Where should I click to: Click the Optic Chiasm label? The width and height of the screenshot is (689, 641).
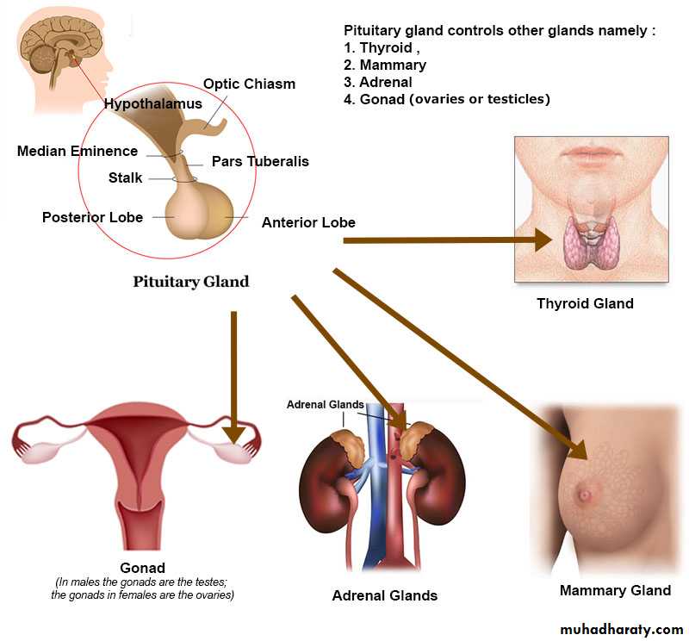coord(249,84)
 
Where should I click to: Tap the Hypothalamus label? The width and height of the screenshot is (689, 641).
coord(153,103)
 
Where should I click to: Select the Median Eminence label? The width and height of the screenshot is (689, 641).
coord(78,152)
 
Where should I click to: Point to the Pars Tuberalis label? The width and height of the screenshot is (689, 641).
coord(260,161)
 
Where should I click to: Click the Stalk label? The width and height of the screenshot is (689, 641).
coord(125,177)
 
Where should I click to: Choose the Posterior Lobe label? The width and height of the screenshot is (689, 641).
coord(92,217)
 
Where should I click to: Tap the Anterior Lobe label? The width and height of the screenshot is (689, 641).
coord(308,222)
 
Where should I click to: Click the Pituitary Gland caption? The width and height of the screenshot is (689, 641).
coord(190,282)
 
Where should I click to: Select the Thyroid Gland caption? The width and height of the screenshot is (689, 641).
coord(585,303)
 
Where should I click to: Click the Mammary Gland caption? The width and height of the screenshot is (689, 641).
coord(615,590)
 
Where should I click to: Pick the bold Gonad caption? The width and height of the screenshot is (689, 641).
coord(142,568)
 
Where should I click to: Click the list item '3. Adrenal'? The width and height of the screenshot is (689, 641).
coord(378,82)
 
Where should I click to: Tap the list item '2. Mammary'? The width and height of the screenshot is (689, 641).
coord(385,65)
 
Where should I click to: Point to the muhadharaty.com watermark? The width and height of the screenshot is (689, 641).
coord(621,629)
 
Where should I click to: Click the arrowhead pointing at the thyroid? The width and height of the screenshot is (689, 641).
coord(543,240)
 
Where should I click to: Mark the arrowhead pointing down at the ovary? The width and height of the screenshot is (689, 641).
coord(233,435)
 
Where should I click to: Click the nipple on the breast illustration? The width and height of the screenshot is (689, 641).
coord(585,495)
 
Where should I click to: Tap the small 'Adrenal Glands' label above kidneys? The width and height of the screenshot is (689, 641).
coord(326,404)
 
